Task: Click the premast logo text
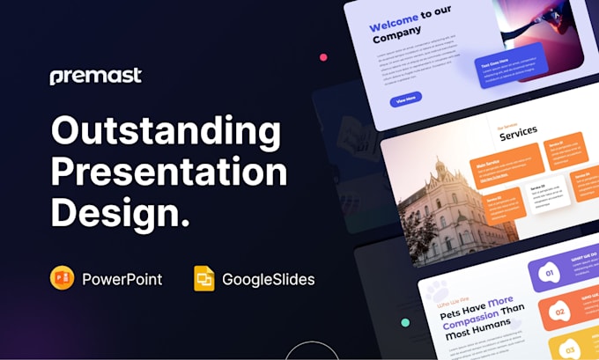tap(95, 76)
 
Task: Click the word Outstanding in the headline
tap(165, 132)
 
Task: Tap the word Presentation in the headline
tap(169, 172)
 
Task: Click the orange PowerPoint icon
tap(63, 279)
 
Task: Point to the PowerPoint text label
tap(122, 280)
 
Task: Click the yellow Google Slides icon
tap(204, 280)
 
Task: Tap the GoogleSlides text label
tap(268, 280)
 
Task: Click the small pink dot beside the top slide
tap(323, 57)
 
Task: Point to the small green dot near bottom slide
tap(404, 323)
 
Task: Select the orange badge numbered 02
tap(558, 312)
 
